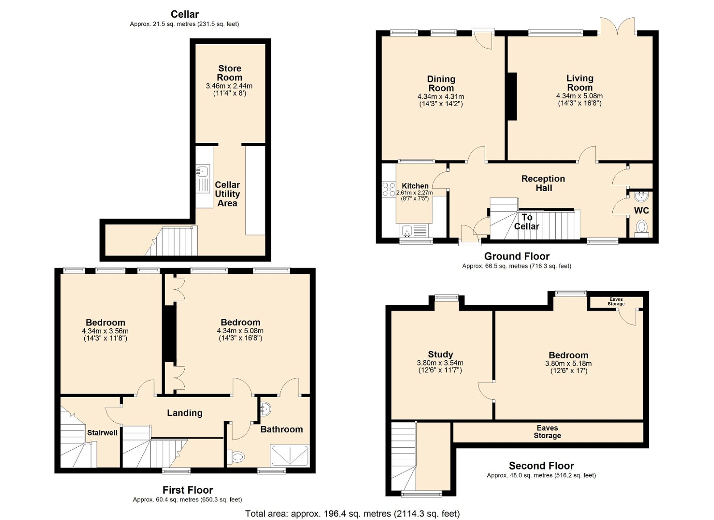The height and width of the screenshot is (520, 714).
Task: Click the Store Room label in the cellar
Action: pyautogui.click(x=229, y=73)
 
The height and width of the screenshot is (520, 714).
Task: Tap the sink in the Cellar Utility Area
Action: pyautogui.click(x=203, y=179)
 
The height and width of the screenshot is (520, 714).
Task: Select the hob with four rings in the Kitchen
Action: pyautogui.click(x=389, y=189)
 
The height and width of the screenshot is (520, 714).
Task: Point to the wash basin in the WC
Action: pyautogui.click(x=641, y=197)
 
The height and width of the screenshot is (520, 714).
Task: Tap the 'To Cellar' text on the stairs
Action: pyautogui.click(x=526, y=222)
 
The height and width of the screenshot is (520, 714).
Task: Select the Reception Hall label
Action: pyautogui.click(x=543, y=183)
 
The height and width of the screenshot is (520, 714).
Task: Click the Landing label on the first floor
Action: pyautogui.click(x=185, y=413)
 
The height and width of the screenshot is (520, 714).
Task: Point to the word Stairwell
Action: pyautogui.click(x=102, y=432)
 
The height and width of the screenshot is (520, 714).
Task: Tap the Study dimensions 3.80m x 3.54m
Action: pyautogui.click(x=440, y=363)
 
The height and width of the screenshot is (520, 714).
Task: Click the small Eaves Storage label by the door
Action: pyautogui.click(x=616, y=302)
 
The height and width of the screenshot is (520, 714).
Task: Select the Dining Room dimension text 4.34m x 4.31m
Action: pyautogui.click(x=440, y=96)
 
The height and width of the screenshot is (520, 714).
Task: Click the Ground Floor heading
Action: pyautogui.click(x=517, y=256)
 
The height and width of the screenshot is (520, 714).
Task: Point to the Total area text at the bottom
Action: pyautogui.click(x=353, y=514)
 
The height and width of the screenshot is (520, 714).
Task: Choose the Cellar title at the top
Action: pyautogui.click(x=185, y=14)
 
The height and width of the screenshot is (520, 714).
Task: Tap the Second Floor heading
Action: pyautogui.click(x=541, y=466)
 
